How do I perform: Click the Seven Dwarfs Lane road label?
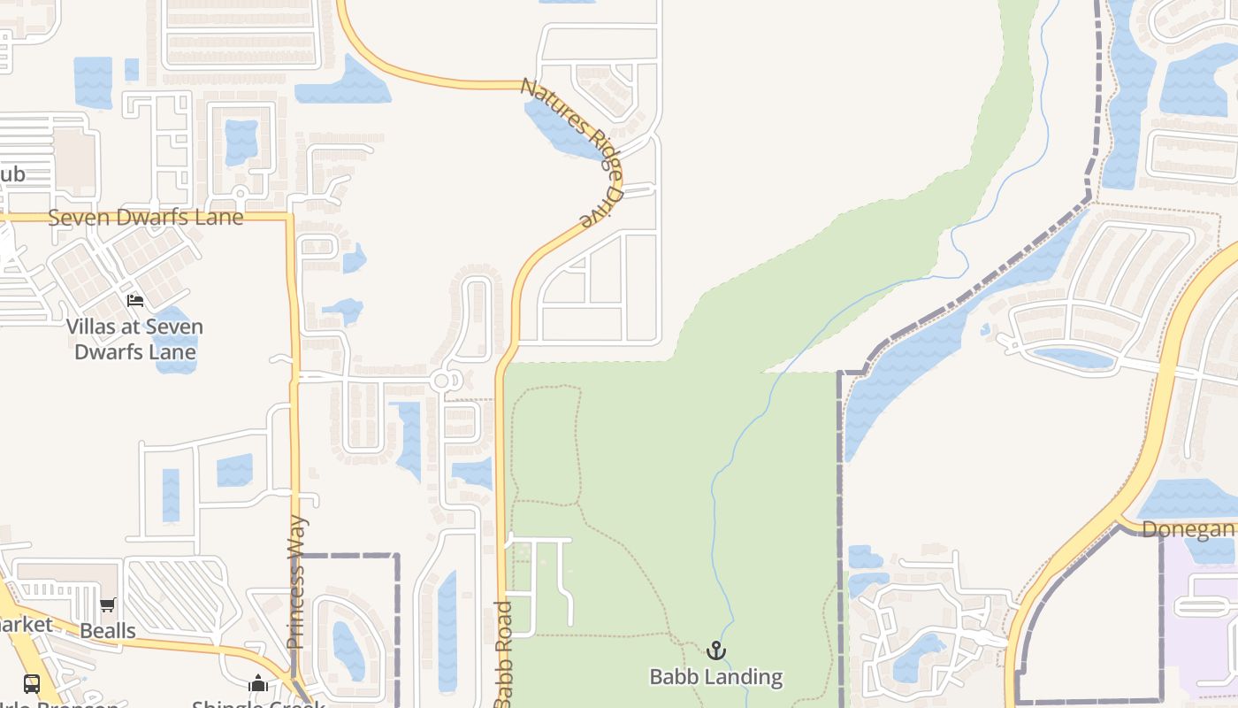click(x=145, y=218)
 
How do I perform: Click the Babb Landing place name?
click(x=715, y=677)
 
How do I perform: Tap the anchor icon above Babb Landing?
click(x=715, y=651)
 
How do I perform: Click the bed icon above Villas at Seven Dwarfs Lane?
click(x=134, y=301)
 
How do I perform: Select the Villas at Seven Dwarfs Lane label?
click(x=134, y=339)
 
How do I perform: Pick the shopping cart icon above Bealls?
click(x=108, y=605)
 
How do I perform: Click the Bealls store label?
click(x=108, y=631)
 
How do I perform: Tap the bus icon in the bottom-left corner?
click(x=32, y=683)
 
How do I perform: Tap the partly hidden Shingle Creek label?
click(x=258, y=704)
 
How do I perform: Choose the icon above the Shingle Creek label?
click(x=258, y=683)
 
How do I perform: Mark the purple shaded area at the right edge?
click(x=1207, y=619)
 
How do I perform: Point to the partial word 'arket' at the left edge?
click(x=27, y=624)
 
